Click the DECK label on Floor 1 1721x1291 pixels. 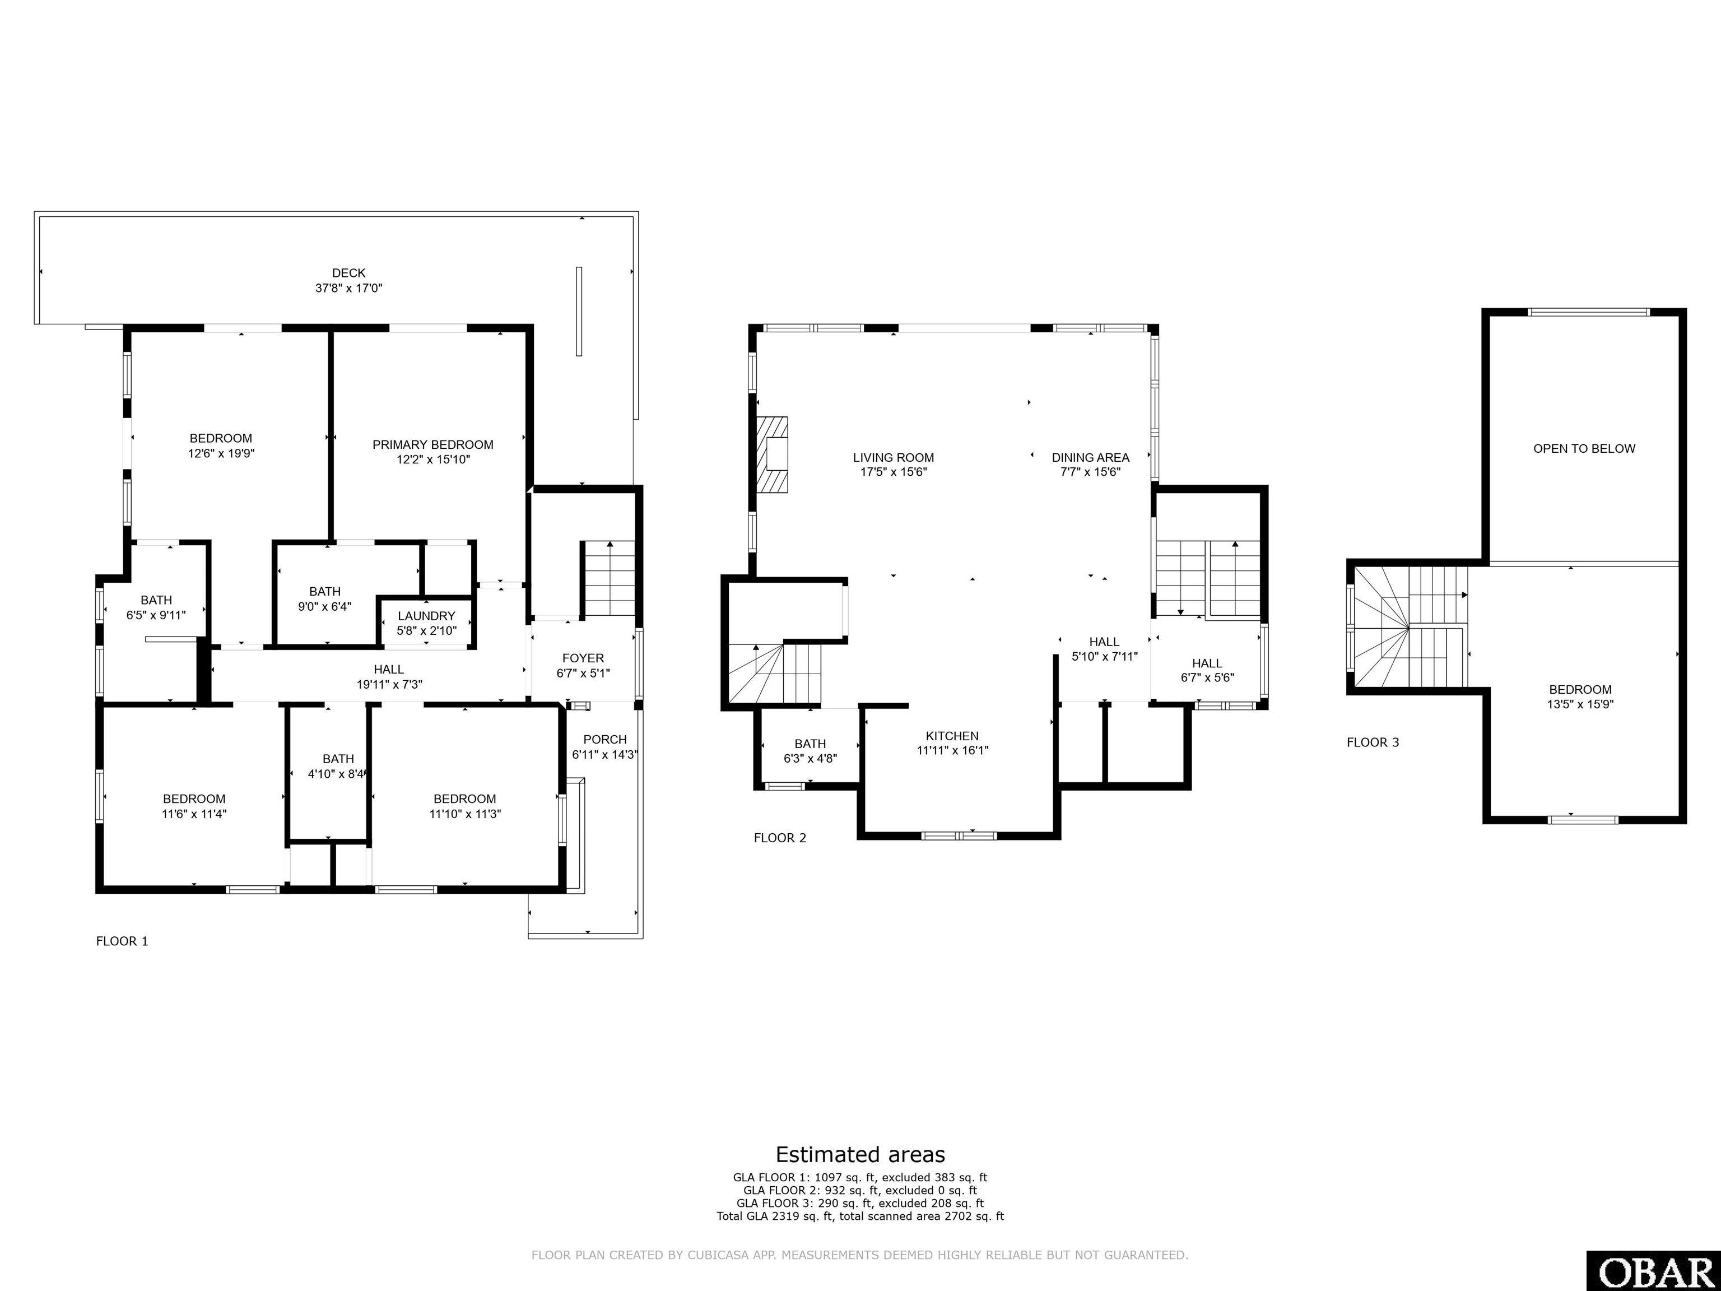348,273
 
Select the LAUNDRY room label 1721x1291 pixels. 426,616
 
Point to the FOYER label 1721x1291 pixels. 583,658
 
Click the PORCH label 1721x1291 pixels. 604,739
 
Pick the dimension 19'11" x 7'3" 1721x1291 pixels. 389,685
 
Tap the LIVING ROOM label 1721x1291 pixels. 893,458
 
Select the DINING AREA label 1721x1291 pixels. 1090,458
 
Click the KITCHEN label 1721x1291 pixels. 952,736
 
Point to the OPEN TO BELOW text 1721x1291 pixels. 1584,448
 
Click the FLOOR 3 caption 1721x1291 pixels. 1373,742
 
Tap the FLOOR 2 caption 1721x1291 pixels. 780,838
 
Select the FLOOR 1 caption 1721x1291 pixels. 122,941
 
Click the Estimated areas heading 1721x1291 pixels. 860,1154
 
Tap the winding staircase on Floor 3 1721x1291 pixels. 1409,626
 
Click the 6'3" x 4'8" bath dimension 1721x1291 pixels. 810,759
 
